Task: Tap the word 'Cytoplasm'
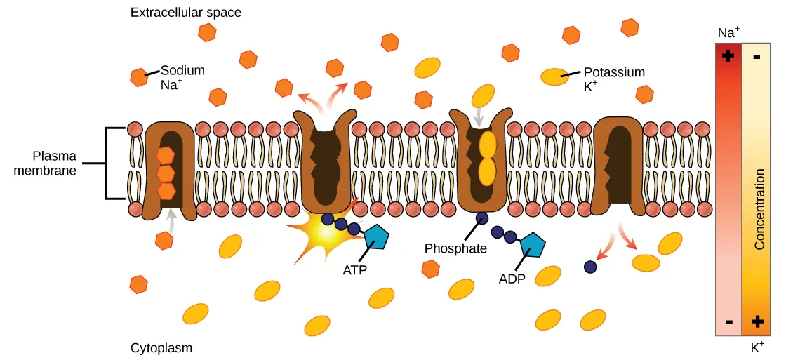(x=161, y=348)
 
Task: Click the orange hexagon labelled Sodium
(x=138, y=76)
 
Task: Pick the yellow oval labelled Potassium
(x=554, y=76)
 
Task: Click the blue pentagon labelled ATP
(x=376, y=237)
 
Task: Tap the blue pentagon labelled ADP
(x=533, y=244)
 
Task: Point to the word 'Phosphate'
(x=455, y=248)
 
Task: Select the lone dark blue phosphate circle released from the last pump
(x=591, y=267)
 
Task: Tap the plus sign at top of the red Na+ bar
(x=728, y=55)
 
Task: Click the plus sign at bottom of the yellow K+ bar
(x=758, y=321)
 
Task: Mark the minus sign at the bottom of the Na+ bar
(x=728, y=321)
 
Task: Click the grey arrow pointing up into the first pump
(x=169, y=220)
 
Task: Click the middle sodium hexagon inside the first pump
(x=166, y=173)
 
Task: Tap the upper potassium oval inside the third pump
(x=487, y=145)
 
